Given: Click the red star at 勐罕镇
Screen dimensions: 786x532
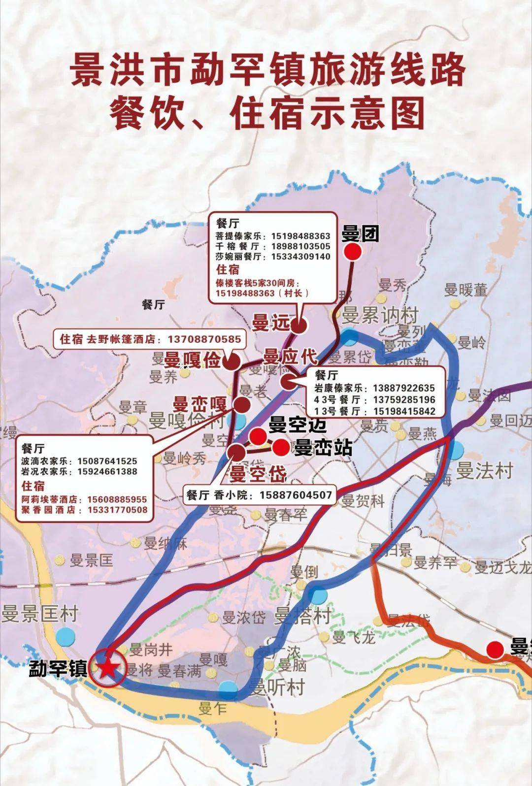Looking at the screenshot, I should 107,668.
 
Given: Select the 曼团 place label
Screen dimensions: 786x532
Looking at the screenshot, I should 361,234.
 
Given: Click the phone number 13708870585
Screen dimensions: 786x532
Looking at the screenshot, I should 204,339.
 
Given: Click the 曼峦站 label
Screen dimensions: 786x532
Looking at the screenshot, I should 323,448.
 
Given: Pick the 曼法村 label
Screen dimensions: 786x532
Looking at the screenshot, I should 485,471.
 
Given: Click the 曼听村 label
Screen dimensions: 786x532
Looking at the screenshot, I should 277,687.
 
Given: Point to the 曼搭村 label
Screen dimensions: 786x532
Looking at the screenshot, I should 302,616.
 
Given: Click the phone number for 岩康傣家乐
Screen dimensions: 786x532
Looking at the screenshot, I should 404,388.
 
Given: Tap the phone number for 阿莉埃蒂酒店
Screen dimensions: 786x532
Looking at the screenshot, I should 117,499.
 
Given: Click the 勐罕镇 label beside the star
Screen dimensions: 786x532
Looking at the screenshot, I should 58,669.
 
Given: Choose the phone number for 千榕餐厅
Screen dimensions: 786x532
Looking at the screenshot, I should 300,246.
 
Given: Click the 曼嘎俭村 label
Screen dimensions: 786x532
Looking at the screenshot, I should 187,421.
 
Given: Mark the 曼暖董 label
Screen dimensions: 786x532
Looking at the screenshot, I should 465,290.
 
